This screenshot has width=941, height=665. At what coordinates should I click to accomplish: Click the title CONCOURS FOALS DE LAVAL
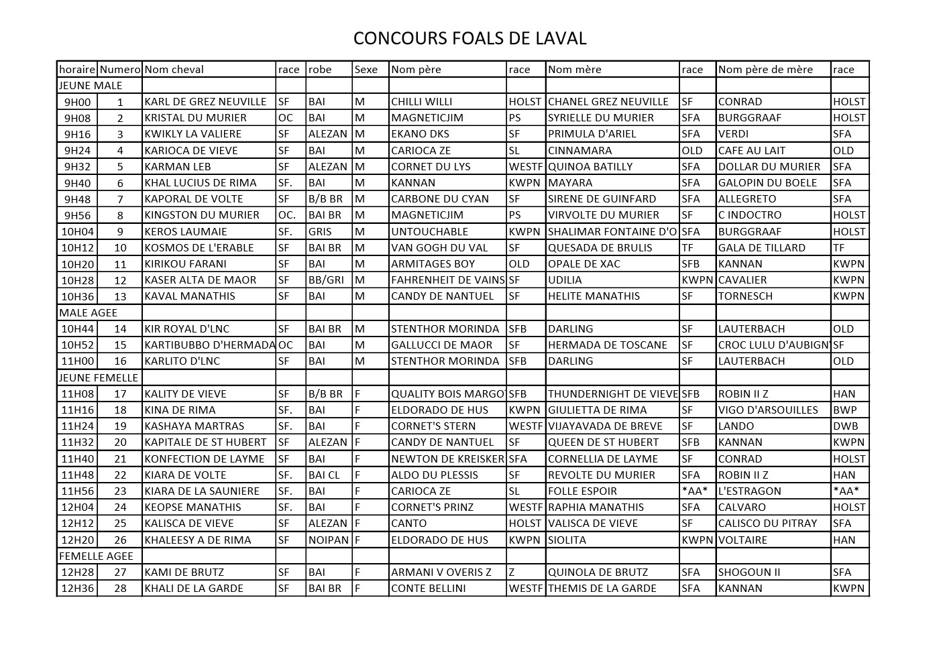point(469,38)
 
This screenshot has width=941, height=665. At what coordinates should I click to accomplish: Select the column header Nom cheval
point(174,70)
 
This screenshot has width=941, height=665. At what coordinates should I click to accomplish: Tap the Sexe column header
point(366,70)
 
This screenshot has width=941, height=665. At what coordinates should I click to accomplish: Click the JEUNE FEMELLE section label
point(99,378)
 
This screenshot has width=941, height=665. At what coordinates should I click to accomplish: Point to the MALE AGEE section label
point(88,313)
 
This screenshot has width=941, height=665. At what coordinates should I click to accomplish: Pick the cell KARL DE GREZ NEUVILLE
point(205,102)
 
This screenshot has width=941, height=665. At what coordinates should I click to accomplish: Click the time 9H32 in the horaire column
point(77,167)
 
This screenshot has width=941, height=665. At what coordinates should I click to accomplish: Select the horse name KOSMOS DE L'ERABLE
point(199,248)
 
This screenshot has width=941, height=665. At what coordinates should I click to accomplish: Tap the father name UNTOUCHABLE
point(430,232)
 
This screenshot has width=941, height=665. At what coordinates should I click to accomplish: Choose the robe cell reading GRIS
point(320,232)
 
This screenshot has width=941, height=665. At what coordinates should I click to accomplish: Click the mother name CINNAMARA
point(579,151)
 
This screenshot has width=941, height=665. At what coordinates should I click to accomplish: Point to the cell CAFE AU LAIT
point(751,151)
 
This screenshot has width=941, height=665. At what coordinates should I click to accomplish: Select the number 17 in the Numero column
point(120,394)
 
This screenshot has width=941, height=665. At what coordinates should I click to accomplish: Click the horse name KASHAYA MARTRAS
point(195,426)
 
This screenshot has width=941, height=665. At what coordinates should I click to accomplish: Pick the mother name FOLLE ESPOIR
point(582,491)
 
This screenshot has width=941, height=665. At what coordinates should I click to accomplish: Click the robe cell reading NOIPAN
point(329,540)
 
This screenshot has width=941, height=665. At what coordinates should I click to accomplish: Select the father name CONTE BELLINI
point(430,589)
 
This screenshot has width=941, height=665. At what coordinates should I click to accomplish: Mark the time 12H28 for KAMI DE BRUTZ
point(78,572)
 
